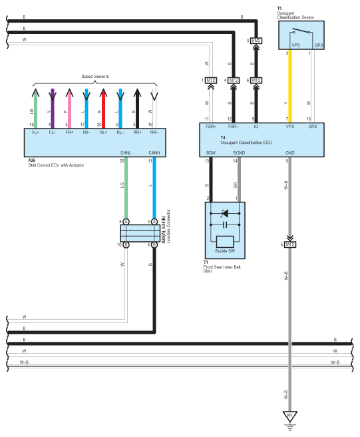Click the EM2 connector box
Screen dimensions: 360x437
point(256,41)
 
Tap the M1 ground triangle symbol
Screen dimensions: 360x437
point(290,416)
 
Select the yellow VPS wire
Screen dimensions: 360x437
point(290,86)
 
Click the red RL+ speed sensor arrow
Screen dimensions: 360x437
point(103,109)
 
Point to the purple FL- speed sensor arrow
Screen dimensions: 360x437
point(53,109)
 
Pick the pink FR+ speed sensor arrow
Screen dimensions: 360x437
point(69,109)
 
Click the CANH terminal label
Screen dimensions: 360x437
point(154,153)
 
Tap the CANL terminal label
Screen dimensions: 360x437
point(126,153)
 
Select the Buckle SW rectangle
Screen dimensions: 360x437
point(225,242)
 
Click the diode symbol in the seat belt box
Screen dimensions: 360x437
point(225,213)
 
